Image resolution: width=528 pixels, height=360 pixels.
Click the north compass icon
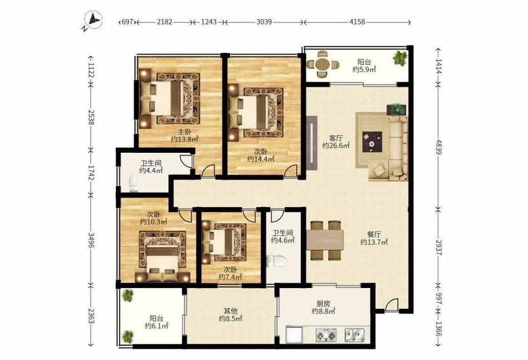coord(93,20)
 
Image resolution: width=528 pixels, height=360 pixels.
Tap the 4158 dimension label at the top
coord(357,22)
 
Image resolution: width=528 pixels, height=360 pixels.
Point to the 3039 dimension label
coord(264,22)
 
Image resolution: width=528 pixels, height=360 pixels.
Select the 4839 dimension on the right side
coord(438,147)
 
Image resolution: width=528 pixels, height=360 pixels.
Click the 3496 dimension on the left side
coord(90,240)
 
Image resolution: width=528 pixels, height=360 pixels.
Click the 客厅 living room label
coord(336,138)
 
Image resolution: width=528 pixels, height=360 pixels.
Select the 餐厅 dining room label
coord(374,234)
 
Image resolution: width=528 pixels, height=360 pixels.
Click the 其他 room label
coord(231,310)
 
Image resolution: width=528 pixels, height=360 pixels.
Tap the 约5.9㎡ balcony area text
coord(364,69)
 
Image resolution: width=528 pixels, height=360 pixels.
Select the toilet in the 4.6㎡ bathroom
coord(276,261)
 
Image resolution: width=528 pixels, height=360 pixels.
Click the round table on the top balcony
coord(322,64)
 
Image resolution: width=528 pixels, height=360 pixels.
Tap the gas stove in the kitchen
coord(326,335)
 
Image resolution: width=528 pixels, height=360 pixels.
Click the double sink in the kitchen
coord(354,335)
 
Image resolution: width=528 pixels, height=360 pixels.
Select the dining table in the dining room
coord(325,240)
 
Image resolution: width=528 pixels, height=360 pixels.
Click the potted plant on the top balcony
coord(400,57)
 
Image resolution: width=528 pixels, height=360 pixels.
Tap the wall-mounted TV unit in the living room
coord(312,143)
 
